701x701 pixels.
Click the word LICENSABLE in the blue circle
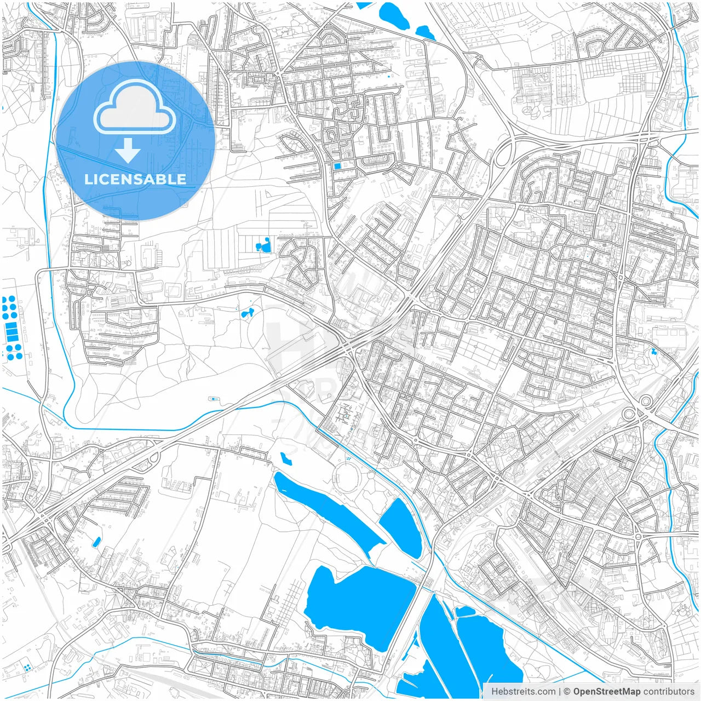pos(135,179)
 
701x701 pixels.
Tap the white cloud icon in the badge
pos(135,107)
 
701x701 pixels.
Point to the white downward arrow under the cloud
pos(128,151)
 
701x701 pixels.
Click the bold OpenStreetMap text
pos(607,692)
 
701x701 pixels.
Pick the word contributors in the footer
pos(669,692)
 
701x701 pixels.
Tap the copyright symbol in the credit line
pos(567,692)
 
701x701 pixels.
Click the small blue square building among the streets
pos(337,165)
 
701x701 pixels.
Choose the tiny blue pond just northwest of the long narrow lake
pos(285,458)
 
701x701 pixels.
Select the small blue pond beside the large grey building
pos(246,314)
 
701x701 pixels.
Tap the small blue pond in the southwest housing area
pos(96,542)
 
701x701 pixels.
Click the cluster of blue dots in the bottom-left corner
pos(26,668)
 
